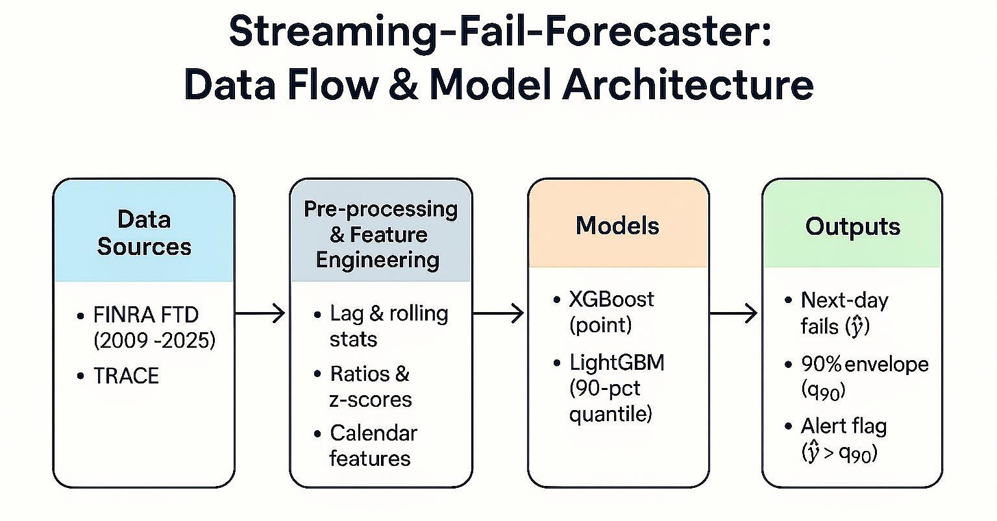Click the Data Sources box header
coord(144,233)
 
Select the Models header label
coord(617,226)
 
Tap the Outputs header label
coord(852,226)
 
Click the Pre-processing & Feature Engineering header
coord(380,234)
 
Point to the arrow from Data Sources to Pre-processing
coord(260,314)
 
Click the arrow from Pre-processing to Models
coord(498,314)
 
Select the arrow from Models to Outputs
coord(734,314)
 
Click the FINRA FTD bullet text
coord(146,315)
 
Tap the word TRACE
coord(126,376)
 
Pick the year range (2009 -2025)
coord(154,340)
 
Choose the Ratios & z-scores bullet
coord(370,387)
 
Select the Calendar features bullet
coord(373,445)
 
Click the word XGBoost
coord(611,299)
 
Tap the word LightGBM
coord(616,362)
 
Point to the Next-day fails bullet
coord(844,313)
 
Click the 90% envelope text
coord(864,364)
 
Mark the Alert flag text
coord(843,426)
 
